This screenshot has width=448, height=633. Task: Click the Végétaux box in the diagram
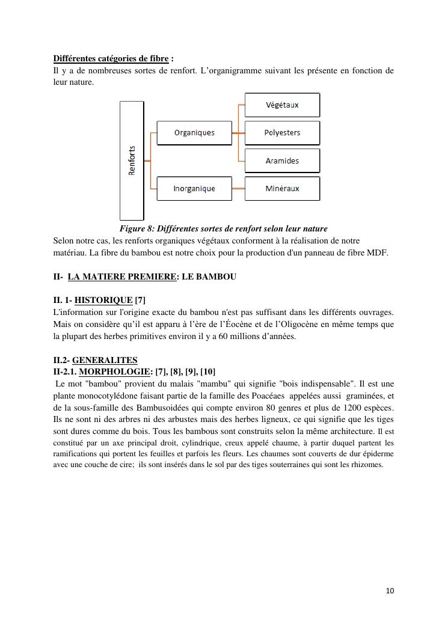[x=282, y=105]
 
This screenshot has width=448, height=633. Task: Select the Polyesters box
[x=282, y=133]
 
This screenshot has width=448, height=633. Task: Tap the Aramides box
[x=282, y=161]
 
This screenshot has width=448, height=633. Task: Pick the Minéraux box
[x=282, y=189]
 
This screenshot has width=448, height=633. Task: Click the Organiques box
[x=194, y=133]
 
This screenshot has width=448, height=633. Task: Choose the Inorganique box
[x=194, y=189]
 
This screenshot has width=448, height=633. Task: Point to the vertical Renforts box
[x=132, y=161]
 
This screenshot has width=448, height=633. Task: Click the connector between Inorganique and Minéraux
[x=238, y=189]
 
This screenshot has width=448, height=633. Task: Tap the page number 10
[x=390, y=591]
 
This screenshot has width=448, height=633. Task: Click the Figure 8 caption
[x=223, y=228]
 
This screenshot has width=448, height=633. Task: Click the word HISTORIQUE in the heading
[x=103, y=300]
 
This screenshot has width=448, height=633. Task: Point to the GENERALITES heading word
[x=105, y=360]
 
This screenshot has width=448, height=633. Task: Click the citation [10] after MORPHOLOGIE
[x=207, y=372]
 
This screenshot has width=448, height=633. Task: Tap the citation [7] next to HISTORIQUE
[x=140, y=300]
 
